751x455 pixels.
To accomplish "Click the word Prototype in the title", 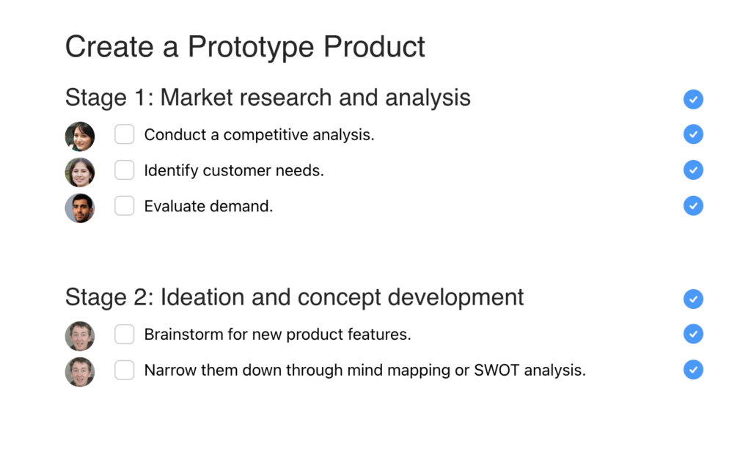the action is point(251,48).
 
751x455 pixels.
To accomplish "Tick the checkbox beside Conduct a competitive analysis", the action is point(125,134).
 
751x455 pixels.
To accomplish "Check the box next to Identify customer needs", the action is point(125,170).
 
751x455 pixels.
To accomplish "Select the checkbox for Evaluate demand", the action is point(125,205).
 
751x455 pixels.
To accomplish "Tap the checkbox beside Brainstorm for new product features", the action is point(125,334).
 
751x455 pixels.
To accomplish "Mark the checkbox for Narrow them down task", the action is point(125,370).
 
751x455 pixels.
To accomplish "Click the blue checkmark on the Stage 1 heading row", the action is point(693,99).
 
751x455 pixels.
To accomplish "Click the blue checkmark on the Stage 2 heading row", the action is point(693,299).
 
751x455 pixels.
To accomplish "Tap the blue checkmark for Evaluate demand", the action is point(693,205).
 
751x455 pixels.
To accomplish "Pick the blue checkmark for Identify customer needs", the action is point(693,170).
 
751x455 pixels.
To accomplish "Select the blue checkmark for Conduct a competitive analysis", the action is point(693,134).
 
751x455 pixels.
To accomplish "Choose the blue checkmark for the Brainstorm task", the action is point(693,334).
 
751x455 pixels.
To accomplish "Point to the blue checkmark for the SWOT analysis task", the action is point(693,370).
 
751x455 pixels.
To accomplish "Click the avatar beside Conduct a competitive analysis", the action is point(80,136).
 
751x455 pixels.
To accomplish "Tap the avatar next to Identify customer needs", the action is point(80,172).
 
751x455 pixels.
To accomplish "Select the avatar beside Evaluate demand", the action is point(80,208).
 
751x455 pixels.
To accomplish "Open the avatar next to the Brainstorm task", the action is point(80,336).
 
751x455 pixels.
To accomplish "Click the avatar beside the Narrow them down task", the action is point(80,372).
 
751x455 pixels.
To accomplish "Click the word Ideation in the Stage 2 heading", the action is point(202,296).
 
